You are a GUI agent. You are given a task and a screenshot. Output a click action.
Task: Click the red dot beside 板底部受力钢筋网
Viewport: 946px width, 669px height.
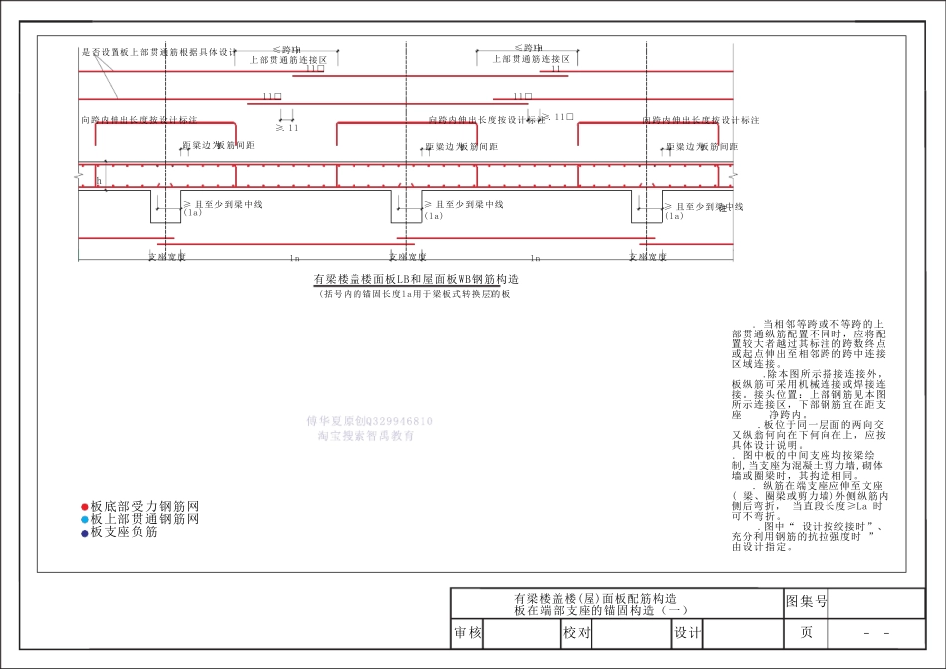(x=85, y=506)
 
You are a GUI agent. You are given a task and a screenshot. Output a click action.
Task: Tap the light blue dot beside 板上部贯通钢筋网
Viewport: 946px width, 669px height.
(x=85, y=519)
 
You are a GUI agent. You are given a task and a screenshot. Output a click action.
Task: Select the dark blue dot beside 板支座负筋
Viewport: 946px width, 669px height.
(x=85, y=532)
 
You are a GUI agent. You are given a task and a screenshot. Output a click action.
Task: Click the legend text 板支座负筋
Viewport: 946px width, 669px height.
(x=123, y=532)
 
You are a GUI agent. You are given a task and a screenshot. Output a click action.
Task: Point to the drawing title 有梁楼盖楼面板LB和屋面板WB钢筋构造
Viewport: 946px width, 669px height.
(x=416, y=280)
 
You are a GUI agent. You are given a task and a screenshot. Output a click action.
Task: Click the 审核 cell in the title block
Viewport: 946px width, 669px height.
(x=468, y=633)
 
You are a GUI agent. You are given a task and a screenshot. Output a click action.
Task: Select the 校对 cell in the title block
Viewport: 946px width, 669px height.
(x=577, y=633)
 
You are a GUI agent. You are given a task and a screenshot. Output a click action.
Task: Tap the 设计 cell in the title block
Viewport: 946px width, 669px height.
(x=687, y=633)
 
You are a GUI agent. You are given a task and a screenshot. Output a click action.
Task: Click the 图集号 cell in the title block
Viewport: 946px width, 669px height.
(x=807, y=602)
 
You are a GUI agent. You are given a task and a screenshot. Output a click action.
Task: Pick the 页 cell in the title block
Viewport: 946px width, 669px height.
(x=807, y=633)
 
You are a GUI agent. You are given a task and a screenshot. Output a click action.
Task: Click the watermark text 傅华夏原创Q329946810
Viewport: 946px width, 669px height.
(x=369, y=422)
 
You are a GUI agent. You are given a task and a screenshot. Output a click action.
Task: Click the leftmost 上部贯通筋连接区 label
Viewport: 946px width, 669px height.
(x=294, y=59)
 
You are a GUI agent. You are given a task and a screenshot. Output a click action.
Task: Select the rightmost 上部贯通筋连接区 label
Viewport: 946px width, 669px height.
(x=532, y=59)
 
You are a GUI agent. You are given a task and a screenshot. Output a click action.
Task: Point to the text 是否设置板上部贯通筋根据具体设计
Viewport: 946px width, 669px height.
(x=159, y=52)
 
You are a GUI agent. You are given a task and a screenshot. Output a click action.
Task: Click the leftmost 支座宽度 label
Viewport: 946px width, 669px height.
(x=167, y=257)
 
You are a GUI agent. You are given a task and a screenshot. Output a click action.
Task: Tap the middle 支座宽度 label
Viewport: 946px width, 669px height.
(x=407, y=257)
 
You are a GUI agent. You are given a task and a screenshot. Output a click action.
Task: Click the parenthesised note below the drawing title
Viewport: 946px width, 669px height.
(x=414, y=295)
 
